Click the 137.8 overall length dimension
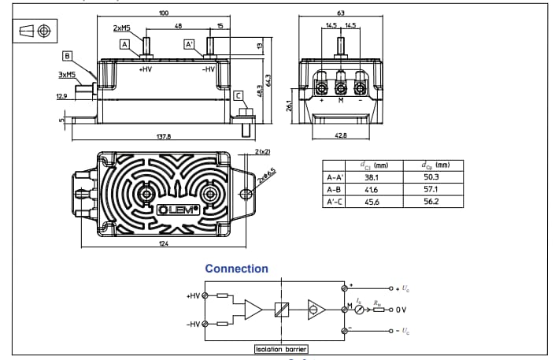[x=164, y=136]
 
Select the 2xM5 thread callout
[x=121, y=28]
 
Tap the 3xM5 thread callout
[x=67, y=75]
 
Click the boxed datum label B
[x=68, y=56]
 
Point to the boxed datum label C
[x=238, y=95]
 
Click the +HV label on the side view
[x=145, y=69]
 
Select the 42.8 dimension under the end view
[x=341, y=135]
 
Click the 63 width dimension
[x=340, y=13]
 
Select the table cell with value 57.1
[x=431, y=190]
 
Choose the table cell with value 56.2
[x=431, y=202]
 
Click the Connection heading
[x=236, y=269]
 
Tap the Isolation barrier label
[x=281, y=348]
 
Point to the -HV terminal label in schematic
[x=193, y=324]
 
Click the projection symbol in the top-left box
[x=35, y=31]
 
